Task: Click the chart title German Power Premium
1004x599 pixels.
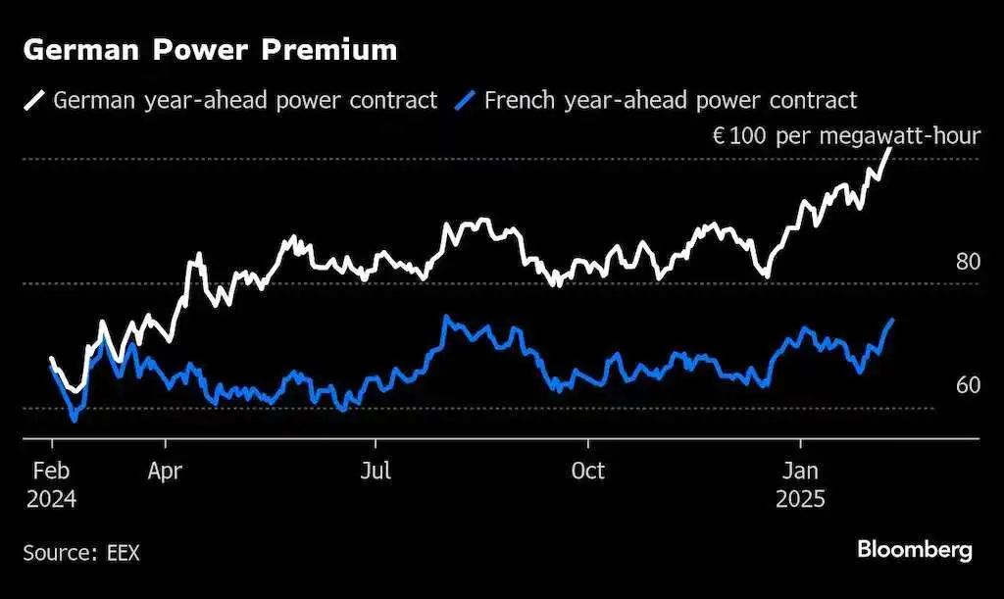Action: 210,51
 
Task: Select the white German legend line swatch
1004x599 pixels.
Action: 35,100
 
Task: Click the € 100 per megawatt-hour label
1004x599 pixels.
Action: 845,135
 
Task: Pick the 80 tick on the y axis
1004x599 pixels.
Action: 968,262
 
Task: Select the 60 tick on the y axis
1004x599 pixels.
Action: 968,385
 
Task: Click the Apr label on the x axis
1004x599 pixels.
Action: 165,471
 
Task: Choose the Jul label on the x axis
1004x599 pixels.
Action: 376,471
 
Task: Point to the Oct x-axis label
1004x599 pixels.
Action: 588,471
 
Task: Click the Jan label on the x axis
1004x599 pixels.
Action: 800,471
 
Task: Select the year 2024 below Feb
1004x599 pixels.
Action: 51,498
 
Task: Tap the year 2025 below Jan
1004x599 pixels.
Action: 801,498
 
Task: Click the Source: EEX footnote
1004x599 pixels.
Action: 81,553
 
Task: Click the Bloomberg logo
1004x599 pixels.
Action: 915,550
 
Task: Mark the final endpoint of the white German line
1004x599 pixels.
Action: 890,149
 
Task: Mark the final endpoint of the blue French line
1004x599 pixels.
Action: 891,320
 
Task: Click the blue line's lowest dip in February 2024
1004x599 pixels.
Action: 74,420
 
